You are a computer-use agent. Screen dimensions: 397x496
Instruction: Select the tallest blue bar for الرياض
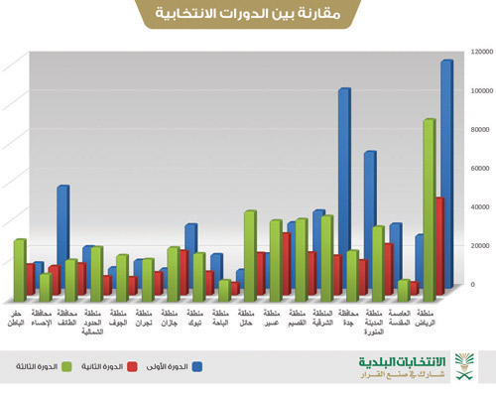tap(445, 169)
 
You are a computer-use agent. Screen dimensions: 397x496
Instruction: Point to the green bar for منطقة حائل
tap(249, 253)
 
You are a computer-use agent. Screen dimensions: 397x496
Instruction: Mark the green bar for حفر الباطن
tap(19, 268)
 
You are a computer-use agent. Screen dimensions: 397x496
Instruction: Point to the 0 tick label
tap(483, 285)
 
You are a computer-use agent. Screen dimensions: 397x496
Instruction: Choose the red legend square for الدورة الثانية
tap(131, 366)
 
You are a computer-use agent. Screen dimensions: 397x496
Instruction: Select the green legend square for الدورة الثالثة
tap(66, 366)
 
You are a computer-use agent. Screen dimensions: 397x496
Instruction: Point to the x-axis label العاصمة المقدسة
tap(400, 318)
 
